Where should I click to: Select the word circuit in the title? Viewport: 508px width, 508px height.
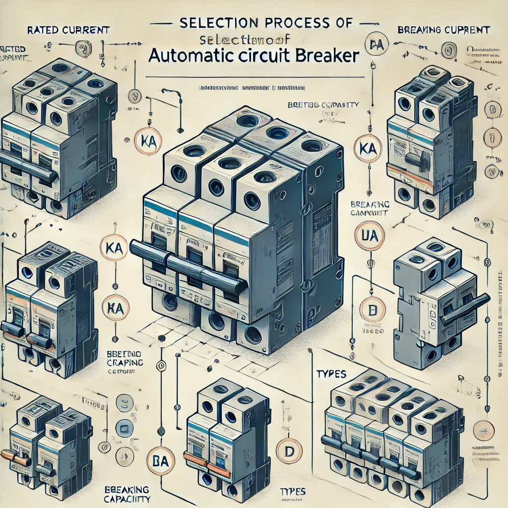point(261,55)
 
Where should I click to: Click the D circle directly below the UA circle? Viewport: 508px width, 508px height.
point(370,311)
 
